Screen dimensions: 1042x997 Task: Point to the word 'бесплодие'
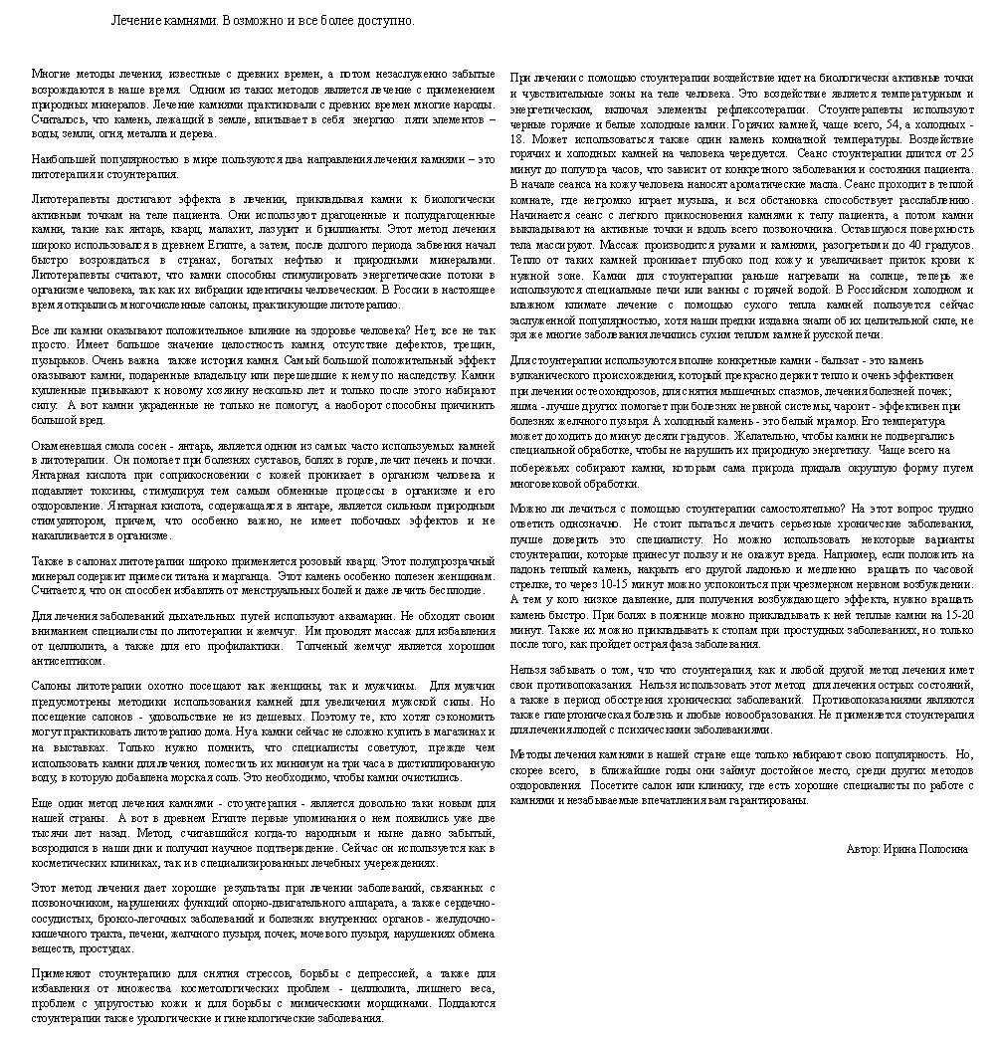458,590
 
